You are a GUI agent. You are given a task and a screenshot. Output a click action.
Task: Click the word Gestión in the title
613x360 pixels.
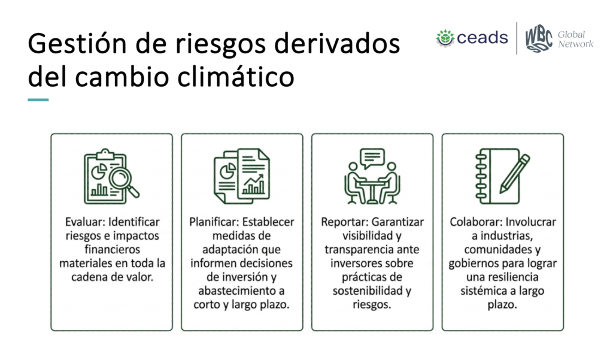coord(77,44)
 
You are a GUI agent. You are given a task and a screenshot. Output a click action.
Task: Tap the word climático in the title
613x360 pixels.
coord(236,76)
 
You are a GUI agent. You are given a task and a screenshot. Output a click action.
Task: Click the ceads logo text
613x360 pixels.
coord(482,38)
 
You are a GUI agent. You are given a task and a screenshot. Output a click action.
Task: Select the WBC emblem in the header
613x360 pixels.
coord(539,38)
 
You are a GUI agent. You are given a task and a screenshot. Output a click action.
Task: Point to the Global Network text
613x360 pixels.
coord(575,39)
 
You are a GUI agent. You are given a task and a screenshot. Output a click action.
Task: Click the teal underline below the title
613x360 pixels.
coord(38,100)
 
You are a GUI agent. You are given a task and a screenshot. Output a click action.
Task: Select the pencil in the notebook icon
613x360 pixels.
coord(514,173)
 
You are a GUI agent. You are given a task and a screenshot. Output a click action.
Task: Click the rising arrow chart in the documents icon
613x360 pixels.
coord(253,184)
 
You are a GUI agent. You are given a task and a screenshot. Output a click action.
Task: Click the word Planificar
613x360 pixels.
coord(214,222)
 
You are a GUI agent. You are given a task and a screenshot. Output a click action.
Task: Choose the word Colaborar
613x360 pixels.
coord(475,222)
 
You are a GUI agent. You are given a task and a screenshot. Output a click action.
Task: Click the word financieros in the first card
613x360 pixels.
coord(112,249)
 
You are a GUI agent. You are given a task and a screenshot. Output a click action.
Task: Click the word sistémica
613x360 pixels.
coord(483,291)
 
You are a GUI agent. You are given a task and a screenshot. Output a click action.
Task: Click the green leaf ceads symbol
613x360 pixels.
coord(445,38)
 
